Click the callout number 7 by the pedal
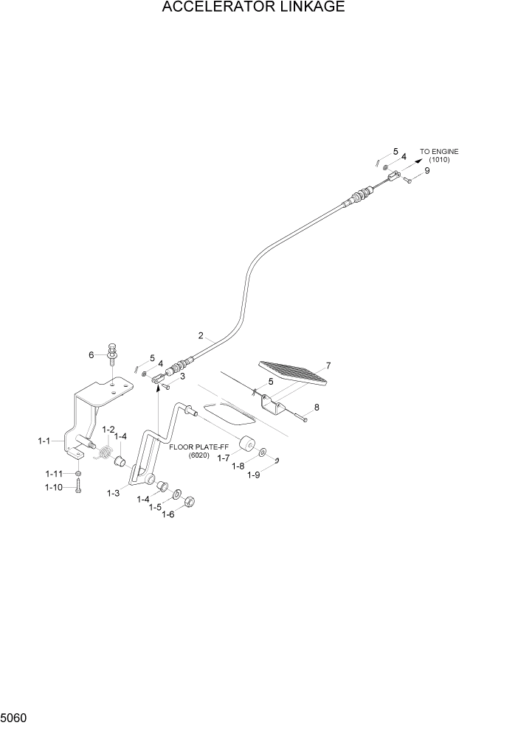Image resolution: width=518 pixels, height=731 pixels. [328, 365]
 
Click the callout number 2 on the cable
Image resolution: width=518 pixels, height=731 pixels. [201, 336]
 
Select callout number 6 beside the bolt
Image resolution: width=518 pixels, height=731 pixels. [92, 354]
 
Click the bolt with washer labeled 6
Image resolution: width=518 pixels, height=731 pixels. [111, 351]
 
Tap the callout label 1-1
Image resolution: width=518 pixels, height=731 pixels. [44, 441]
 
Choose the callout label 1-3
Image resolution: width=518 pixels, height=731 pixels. [113, 492]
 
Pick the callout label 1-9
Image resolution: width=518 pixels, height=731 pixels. [253, 475]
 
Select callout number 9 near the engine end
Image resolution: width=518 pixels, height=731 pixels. [427, 170]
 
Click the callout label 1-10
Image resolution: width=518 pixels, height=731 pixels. [53, 487]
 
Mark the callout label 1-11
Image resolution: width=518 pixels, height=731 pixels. [53, 473]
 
